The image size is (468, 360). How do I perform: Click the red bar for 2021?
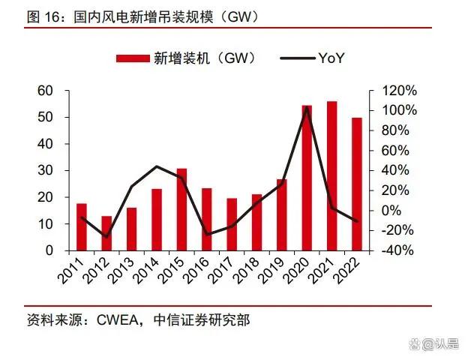coord(331,175)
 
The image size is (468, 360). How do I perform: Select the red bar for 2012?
coord(106,233)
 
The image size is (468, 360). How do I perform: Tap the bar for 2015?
coord(181,209)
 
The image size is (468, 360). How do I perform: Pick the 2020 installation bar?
coord(307,178)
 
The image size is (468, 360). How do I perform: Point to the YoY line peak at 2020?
coord(307,106)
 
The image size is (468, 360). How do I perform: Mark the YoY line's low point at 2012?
coord(106,237)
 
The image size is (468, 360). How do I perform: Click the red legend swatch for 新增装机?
coord(133,58)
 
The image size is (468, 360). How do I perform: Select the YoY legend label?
coord(331,58)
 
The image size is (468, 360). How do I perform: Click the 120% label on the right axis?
coord(398,91)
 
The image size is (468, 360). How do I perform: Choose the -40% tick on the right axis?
coord(397,250)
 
